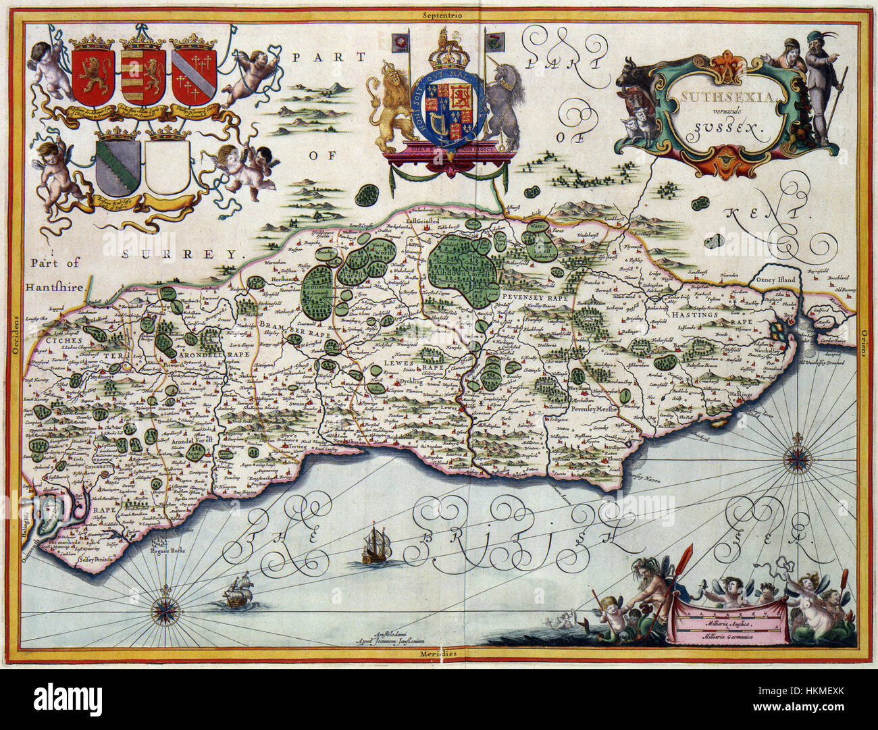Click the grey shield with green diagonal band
click(x=118, y=167)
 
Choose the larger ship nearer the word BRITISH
click(x=374, y=544)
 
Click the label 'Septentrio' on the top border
click(x=438, y=14)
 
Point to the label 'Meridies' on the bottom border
click(x=438, y=654)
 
